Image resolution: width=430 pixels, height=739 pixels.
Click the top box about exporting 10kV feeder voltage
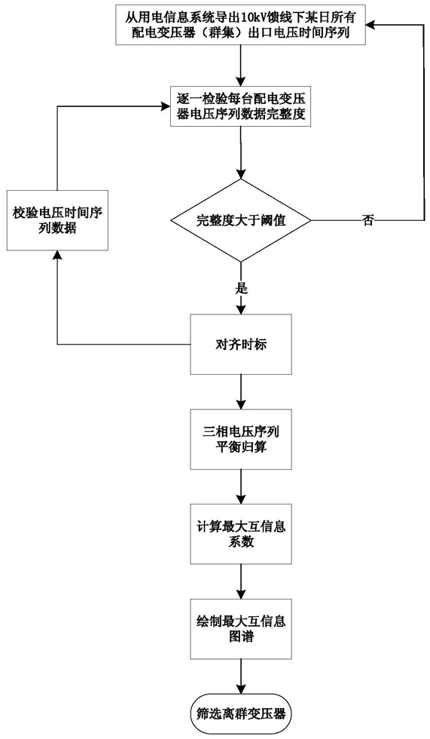coord(241,25)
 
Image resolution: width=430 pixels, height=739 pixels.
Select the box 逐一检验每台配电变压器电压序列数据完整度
coord(241,106)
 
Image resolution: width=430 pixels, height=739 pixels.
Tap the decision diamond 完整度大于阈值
coord(241,220)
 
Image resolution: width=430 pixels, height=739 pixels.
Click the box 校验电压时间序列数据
coord(57,220)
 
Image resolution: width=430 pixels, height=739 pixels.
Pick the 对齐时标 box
coord(241,345)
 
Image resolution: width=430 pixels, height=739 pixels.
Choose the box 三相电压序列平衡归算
coord(241,439)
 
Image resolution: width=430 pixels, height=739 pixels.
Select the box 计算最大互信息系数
coord(241,534)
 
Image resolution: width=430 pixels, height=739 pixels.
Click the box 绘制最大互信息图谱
coord(241,628)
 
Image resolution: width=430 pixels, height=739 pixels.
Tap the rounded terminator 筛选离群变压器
coord(241,713)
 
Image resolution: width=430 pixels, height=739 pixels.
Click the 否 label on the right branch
coord(367,220)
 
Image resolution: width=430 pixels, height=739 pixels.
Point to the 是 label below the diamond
coord(241,288)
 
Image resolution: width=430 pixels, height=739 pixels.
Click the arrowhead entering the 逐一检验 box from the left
coord(166,106)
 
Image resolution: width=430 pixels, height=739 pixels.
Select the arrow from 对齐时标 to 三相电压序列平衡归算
coord(241,391)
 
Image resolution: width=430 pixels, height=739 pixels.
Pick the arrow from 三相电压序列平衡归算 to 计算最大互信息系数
coord(241,486)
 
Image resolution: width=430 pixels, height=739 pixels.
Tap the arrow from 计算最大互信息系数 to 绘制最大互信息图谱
coord(241,581)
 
